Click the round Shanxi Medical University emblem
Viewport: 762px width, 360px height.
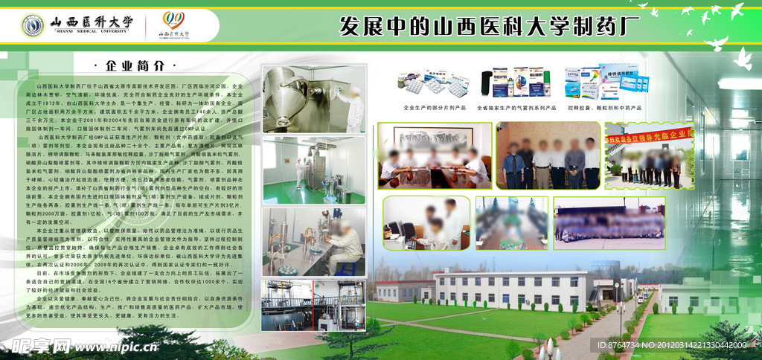click(33, 27)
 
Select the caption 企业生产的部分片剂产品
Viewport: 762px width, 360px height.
click(433, 108)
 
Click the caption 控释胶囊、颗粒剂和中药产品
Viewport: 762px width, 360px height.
click(606, 108)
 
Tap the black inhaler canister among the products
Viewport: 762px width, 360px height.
click(487, 84)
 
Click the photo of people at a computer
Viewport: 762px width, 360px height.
click(423, 223)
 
